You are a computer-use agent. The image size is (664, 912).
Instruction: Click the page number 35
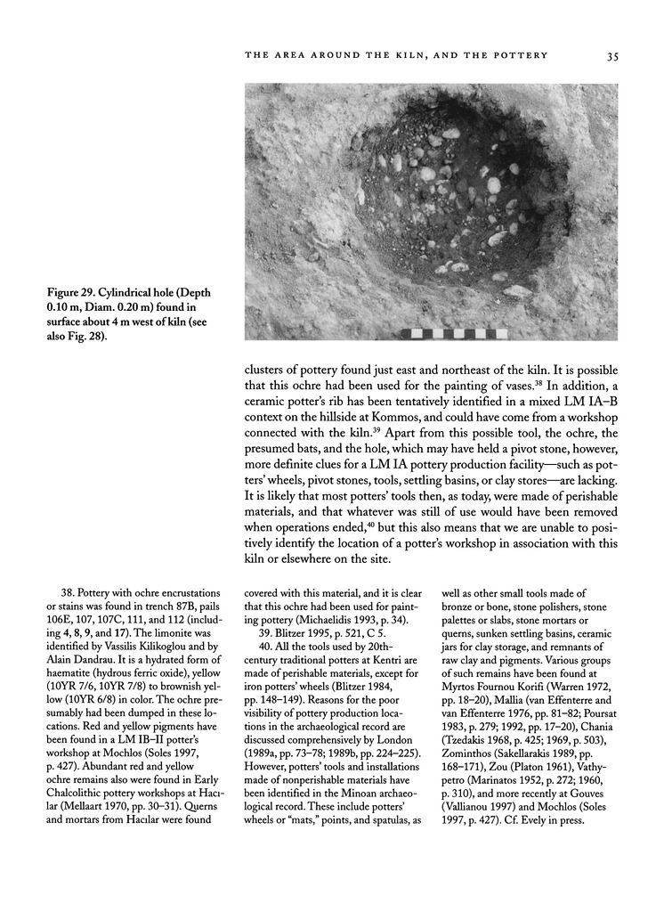pos(612,56)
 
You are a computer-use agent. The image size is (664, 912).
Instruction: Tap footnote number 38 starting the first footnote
pos(61,590)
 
